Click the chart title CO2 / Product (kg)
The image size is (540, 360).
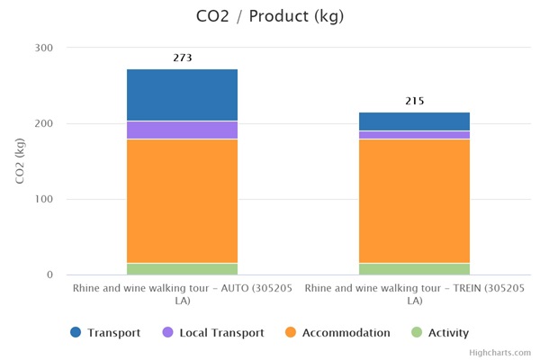point(270,17)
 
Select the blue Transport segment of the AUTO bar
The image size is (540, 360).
point(182,94)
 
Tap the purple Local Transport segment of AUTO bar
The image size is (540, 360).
point(182,130)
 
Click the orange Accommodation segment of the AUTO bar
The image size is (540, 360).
point(182,201)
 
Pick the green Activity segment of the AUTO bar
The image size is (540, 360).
point(182,268)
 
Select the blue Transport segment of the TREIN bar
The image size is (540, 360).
point(414,121)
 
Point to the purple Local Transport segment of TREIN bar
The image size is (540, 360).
point(414,135)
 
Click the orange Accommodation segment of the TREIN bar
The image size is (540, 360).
point(414,201)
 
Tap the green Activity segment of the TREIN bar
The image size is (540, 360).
point(414,268)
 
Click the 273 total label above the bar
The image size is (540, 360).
point(182,58)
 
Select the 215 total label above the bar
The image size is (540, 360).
point(414,101)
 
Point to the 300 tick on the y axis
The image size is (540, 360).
point(44,48)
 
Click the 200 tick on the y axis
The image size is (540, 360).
point(44,123)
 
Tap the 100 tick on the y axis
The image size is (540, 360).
point(44,199)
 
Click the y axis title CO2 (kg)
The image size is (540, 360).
point(21,161)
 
